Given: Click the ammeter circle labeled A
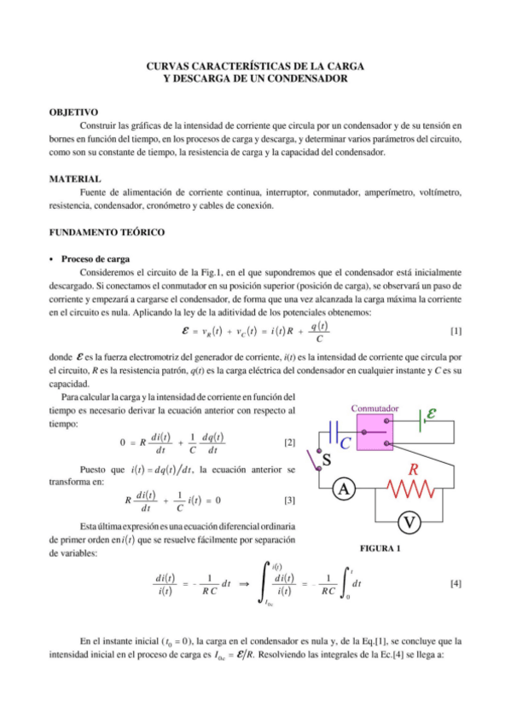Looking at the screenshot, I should coord(344,489).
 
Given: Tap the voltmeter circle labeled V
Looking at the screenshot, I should coord(410,521).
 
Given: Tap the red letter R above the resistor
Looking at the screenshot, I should coord(414,469).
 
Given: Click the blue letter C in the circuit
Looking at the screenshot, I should coord(346,444).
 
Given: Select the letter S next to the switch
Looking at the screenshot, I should coord(326,461).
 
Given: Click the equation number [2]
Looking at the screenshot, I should coord(289,442).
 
